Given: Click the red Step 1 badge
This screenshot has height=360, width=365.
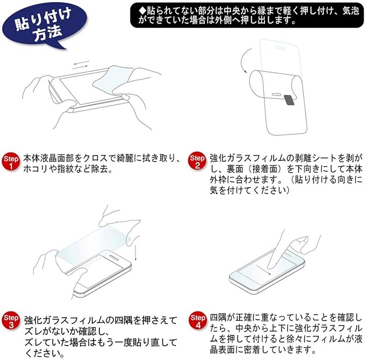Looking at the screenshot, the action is coord(11,162).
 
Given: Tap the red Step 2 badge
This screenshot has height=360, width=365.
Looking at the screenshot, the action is coord(197,161).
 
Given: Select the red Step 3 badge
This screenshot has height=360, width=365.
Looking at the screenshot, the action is coord(11,321).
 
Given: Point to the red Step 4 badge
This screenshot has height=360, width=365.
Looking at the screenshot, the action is coord(198,321).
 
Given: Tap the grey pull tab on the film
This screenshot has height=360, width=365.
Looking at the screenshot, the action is coord(289,100).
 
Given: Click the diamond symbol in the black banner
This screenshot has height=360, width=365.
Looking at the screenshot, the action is coord(142,11).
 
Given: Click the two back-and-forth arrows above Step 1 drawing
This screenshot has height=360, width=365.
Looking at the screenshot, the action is coord(80,65).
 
